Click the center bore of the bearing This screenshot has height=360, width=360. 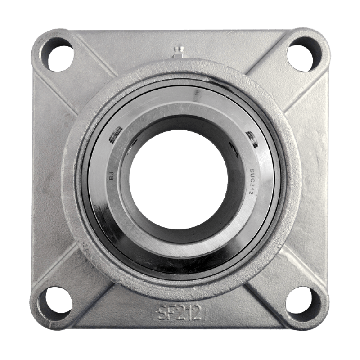[x=178, y=178]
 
